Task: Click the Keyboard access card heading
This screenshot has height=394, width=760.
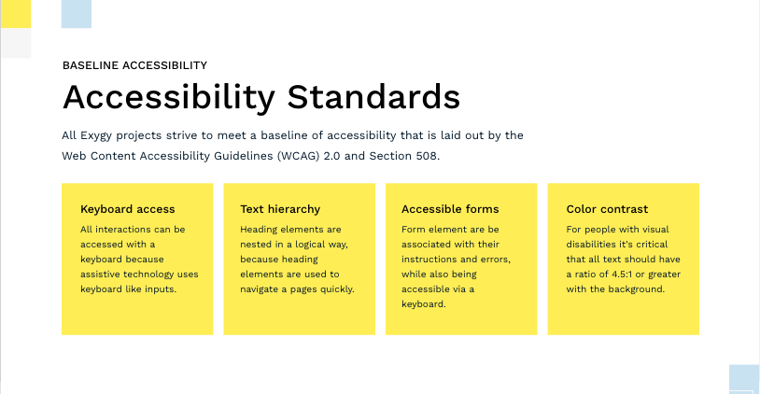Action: coord(128,209)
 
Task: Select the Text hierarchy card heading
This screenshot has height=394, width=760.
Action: coord(280,209)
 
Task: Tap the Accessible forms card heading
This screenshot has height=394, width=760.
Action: coord(450,209)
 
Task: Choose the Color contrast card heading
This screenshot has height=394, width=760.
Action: coord(607,209)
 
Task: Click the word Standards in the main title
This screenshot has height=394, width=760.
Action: coord(373,97)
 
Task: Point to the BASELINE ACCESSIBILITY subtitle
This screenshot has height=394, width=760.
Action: coord(134,65)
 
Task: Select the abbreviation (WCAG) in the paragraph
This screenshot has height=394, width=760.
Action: coord(299,156)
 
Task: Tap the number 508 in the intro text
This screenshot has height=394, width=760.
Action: coord(428,156)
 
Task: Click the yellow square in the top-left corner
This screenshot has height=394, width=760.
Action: coord(16,14)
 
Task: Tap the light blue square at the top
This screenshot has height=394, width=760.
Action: coord(77,14)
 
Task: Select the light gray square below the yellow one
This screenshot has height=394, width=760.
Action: coord(16,43)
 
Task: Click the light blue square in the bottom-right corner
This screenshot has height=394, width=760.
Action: coord(744,379)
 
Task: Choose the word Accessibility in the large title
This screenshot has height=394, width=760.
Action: coord(169,98)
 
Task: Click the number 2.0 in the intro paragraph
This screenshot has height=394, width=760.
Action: coord(331,156)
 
